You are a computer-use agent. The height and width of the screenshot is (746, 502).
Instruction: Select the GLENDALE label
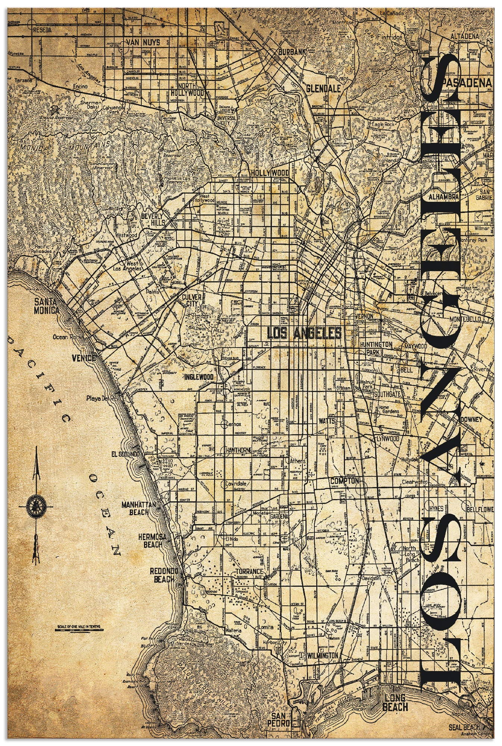[x=323, y=89]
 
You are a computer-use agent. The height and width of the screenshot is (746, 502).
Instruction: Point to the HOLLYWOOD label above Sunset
[x=270, y=173]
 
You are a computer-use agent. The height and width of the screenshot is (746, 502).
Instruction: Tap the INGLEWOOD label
[x=199, y=377]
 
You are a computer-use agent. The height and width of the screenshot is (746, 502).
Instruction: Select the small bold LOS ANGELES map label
[x=304, y=332]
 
